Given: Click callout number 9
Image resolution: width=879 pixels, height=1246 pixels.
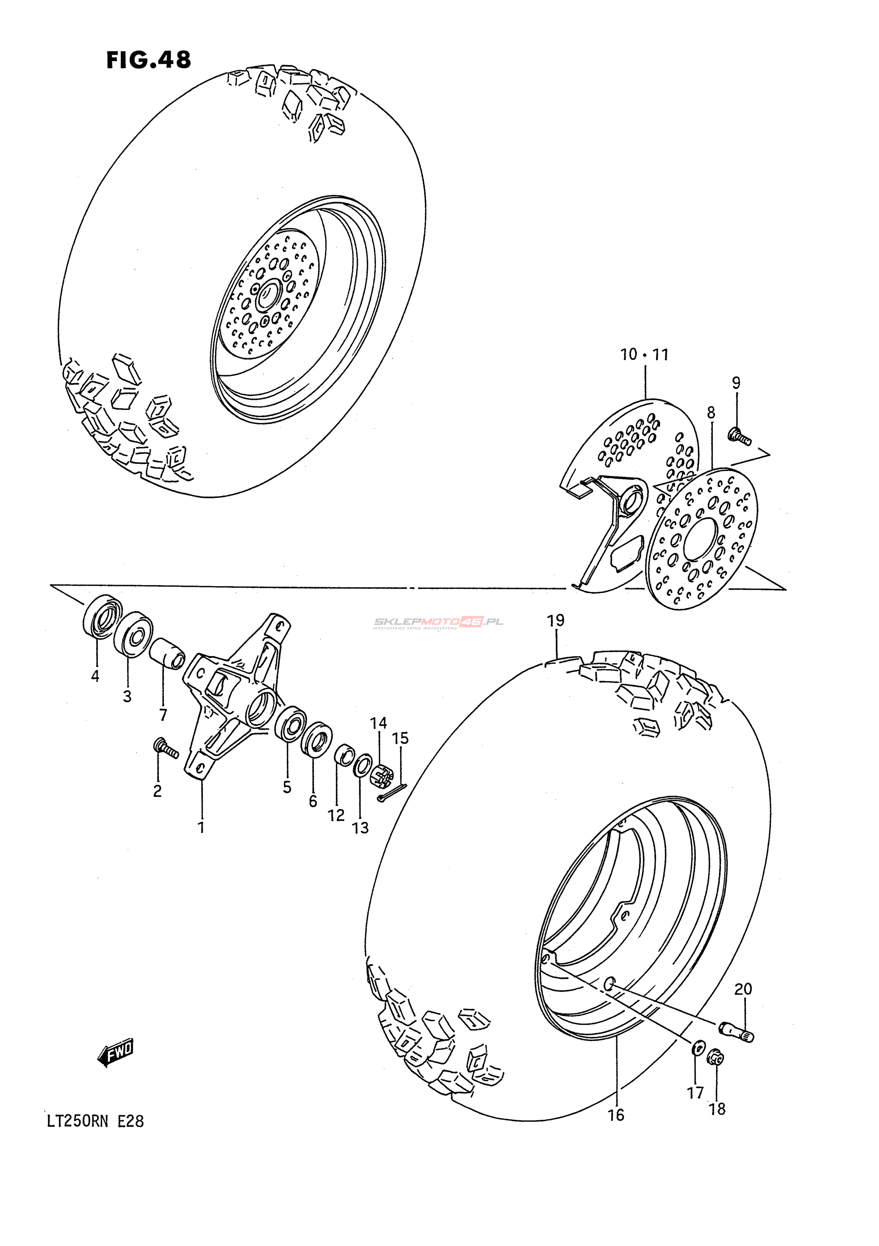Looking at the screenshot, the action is point(736,383).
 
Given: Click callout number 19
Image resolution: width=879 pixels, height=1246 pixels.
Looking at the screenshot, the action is point(556,620).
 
